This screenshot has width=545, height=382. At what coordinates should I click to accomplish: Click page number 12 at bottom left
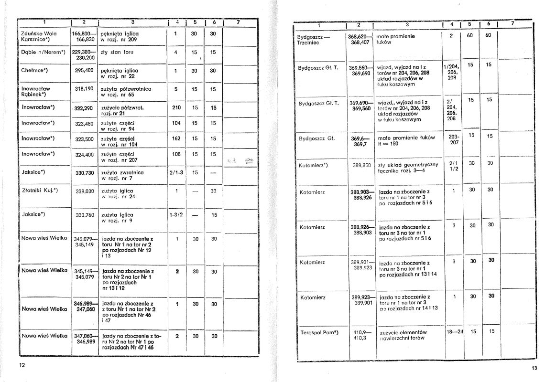(x=22, y=365)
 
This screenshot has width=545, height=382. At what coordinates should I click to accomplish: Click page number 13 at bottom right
(x=534, y=368)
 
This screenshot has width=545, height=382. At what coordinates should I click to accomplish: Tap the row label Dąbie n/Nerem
(x=43, y=52)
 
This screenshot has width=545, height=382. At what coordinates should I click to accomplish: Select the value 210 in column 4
(x=176, y=108)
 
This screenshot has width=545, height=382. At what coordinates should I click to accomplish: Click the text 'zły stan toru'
(x=118, y=52)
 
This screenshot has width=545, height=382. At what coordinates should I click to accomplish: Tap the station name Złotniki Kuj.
(x=40, y=191)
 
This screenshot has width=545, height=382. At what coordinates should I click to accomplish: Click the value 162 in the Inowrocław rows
(x=176, y=138)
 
